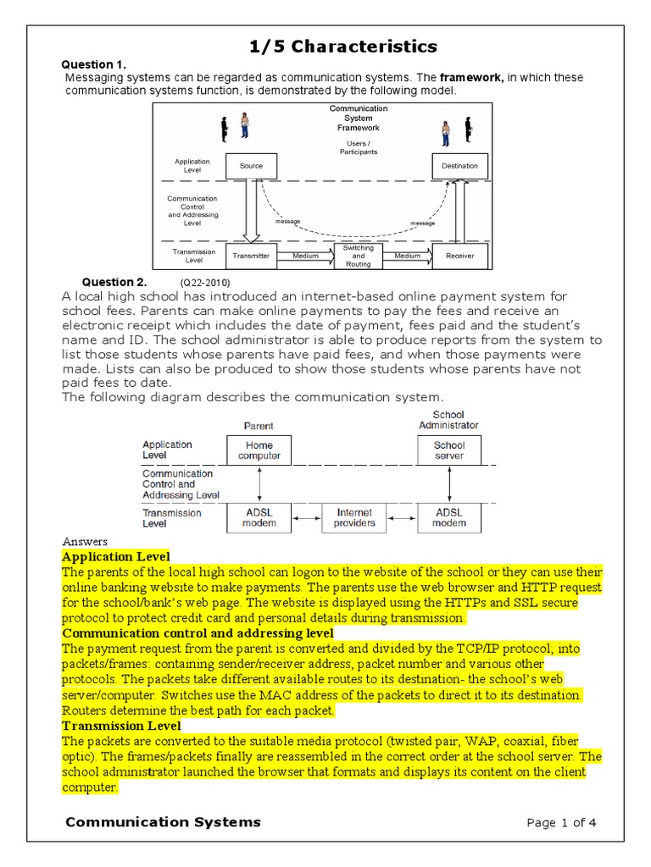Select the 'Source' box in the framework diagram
pos(251,166)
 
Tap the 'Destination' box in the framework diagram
pos(459,166)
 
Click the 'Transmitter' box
pos(251,255)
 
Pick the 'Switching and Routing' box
pos(358,255)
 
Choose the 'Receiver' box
pos(459,255)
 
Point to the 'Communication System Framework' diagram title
pos(358,119)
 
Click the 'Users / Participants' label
pos(358,148)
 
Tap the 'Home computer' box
pos(259,450)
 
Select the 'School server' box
pos(449,450)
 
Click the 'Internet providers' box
pos(354,517)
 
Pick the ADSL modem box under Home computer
pos(259,517)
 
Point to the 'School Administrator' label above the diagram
pos(448,420)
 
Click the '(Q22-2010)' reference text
pos(204,283)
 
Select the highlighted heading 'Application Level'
pos(116,556)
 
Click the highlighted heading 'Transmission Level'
pos(121,726)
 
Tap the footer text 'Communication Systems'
pos(163,822)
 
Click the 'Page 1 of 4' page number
pos(562,823)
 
